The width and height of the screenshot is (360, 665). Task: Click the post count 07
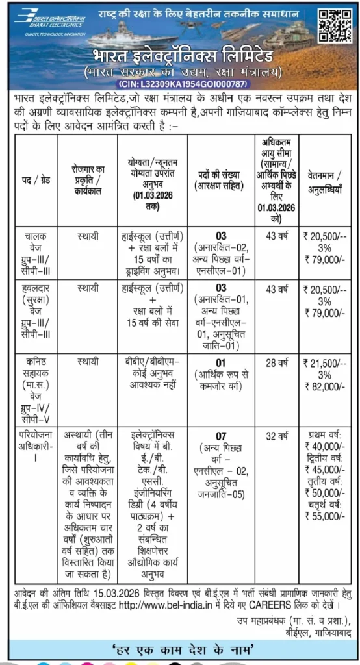220,436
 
